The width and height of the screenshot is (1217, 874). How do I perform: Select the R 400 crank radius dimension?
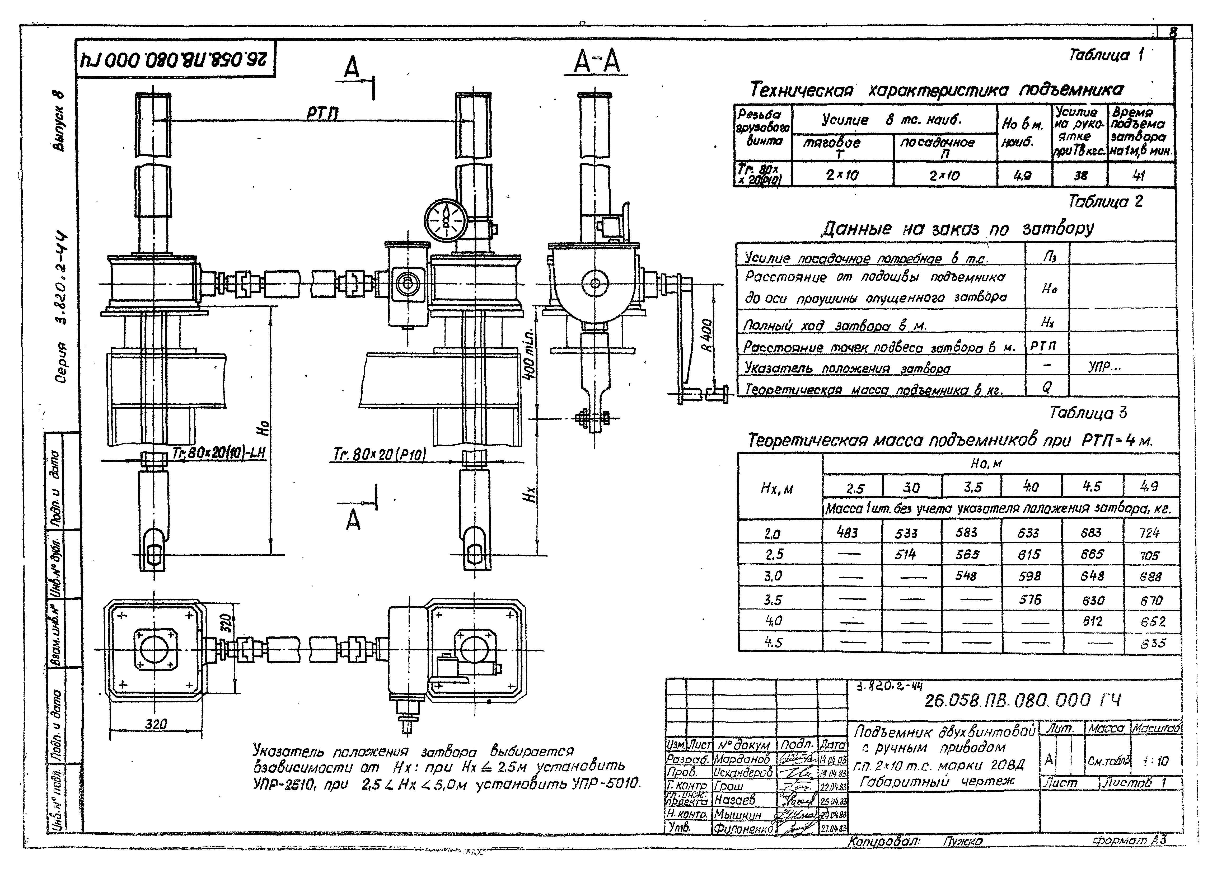coord(707,335)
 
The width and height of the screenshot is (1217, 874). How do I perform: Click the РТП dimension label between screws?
coord(322,113)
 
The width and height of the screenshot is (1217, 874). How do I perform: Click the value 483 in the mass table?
coord(847,532)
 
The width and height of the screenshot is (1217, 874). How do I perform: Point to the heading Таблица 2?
coord(1105,202)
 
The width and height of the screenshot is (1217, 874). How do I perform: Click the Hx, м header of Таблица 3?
coord(776,489)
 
